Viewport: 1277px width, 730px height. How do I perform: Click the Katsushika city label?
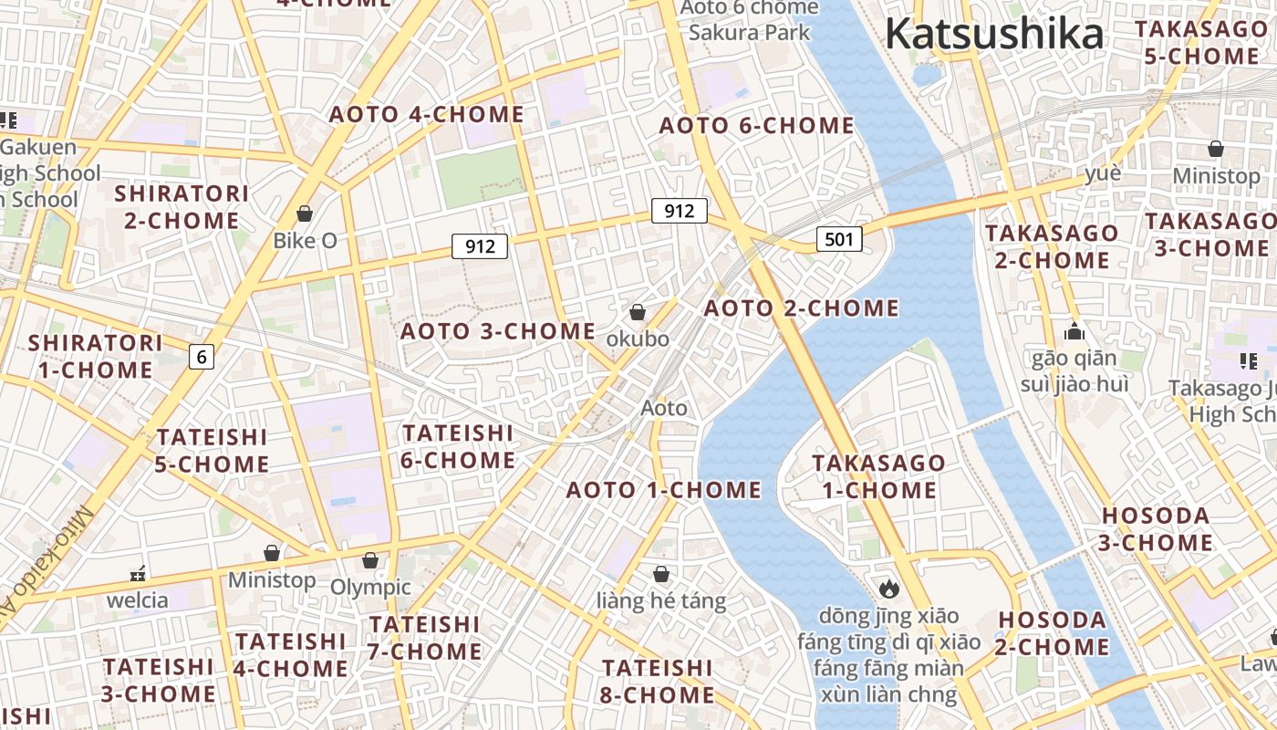click(994, 35)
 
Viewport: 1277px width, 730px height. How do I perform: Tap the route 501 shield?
click(839, 239)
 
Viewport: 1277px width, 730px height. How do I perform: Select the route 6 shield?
click(202, 357)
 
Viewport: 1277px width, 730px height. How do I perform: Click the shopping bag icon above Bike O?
click(305, 214)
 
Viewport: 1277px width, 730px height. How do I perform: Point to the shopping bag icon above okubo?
click(638, 312)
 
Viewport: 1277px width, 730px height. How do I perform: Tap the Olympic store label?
click(370, 587)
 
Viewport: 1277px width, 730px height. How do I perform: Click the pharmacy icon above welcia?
click(138, 574)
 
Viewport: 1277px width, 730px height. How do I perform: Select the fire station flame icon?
click(888, 589)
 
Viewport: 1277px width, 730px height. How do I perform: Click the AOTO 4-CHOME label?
click(426, 115)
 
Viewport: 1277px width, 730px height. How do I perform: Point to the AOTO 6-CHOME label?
click(756, 126)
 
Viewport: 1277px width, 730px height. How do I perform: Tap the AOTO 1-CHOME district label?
click(663, 490)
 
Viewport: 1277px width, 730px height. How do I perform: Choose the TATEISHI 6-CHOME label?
click(458, 446)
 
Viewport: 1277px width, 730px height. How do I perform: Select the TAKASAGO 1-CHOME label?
click(878, 476)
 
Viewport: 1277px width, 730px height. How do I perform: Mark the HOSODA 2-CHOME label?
click(1053, 633)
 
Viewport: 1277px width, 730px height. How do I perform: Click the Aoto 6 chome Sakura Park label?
click(749, 20)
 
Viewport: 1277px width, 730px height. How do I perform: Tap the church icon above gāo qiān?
click(1075, 331)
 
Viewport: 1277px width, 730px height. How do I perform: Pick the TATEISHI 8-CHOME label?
click(658, 682)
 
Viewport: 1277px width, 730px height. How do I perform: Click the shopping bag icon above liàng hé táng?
click(661, 574)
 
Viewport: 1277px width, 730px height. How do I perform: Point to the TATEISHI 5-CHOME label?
click(212, 451)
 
